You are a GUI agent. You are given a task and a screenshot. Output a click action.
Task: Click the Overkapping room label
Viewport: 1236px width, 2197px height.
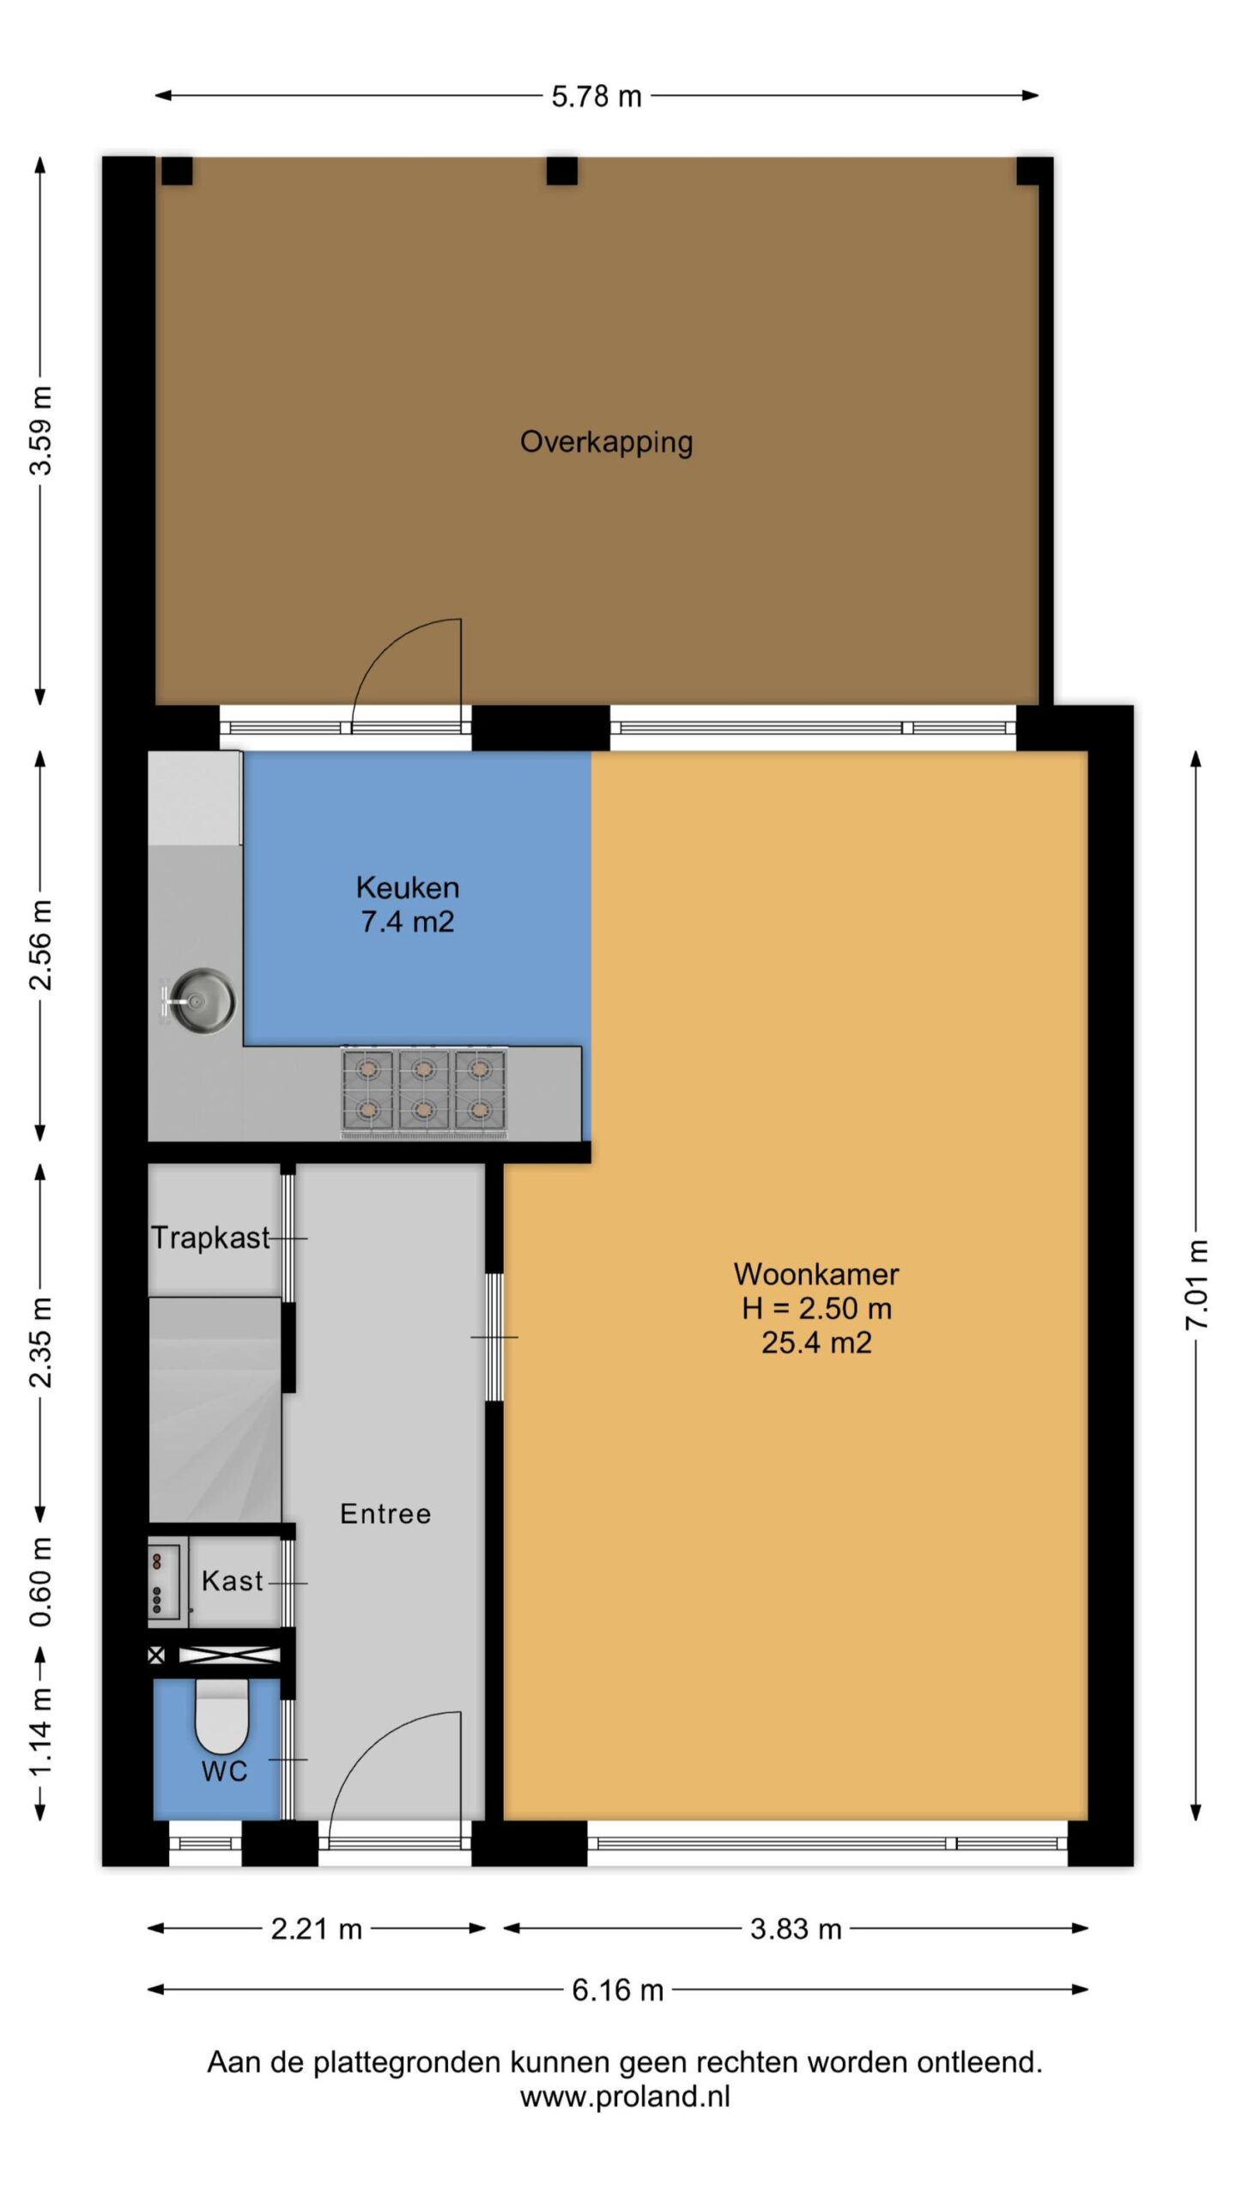tap(606, 443)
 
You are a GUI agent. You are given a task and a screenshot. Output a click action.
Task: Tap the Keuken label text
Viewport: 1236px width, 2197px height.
tap(408, 887)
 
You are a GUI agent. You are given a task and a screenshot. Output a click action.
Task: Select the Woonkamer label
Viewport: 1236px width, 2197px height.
tap(816, 1274)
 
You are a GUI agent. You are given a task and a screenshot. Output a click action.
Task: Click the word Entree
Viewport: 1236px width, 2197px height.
tap(385, 1513)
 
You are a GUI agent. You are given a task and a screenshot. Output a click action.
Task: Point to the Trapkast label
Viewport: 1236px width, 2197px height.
tap(210, 1238)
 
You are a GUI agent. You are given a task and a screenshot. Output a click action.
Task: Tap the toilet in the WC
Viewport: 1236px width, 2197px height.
tap(221, 1715)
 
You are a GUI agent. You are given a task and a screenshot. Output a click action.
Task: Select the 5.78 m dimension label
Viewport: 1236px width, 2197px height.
tap(597, 96)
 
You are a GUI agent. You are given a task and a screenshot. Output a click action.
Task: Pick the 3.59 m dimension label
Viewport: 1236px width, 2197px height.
tap(41, 430)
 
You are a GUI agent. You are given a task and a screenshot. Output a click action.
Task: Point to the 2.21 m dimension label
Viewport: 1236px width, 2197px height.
tap(317, 1928)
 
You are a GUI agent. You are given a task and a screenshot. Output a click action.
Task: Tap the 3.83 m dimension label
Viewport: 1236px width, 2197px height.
tap(796, 1928)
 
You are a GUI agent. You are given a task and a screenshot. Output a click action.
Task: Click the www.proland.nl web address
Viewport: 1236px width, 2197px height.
tap(625, 2097)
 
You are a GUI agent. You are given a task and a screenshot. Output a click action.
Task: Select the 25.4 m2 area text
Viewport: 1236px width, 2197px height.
tap(816, 1342)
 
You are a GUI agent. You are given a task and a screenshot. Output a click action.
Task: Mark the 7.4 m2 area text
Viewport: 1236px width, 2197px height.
tap(408, 922)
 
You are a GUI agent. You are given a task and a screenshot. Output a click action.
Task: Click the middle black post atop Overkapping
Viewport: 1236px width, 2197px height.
tap(562, 171)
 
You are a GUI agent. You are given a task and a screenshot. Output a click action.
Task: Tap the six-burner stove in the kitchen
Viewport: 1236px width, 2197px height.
tap(424, 1092)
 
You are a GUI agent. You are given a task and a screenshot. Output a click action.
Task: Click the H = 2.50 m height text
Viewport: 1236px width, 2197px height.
tap(816, 1308)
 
